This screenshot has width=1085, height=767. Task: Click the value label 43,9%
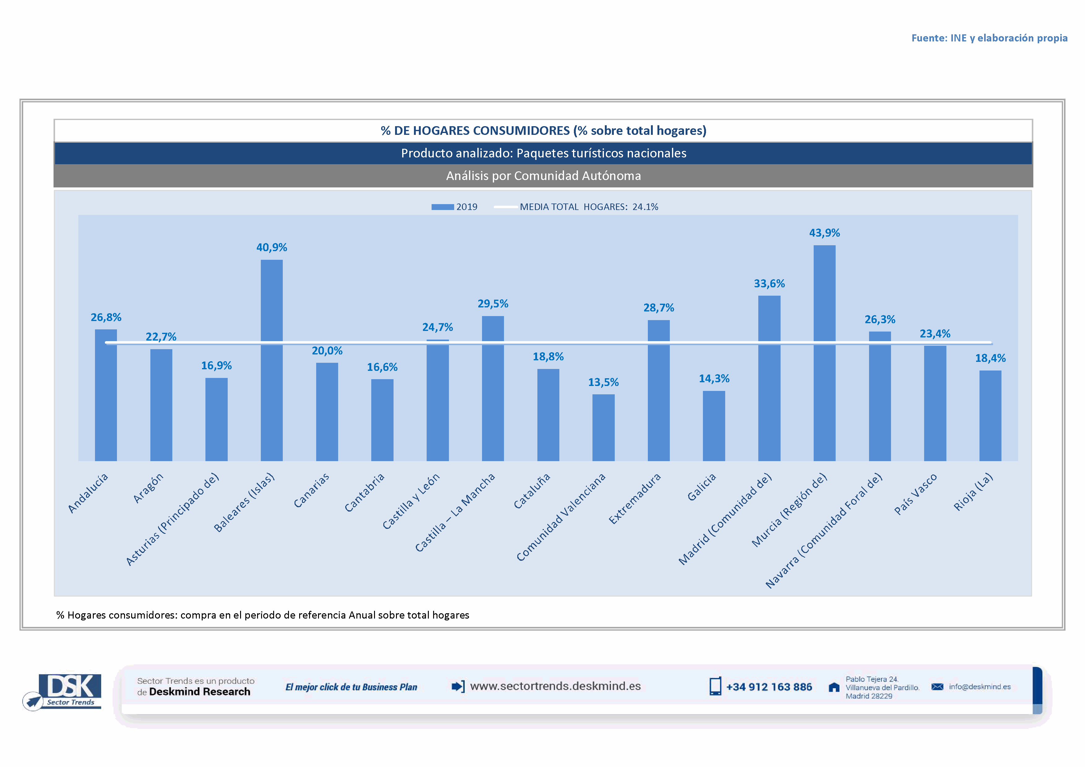click(824, 233)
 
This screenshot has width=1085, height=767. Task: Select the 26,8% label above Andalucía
click(106, 317)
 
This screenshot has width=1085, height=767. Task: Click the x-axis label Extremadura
click(635, 499)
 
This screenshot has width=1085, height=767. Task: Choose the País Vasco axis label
click(915, 494)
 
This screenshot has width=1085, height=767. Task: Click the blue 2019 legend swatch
click(442, 207)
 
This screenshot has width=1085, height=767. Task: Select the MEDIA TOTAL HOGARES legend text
click(588, 207)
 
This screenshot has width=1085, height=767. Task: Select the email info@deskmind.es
click(979, 687)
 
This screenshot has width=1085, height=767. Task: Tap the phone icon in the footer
click(715, 686)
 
